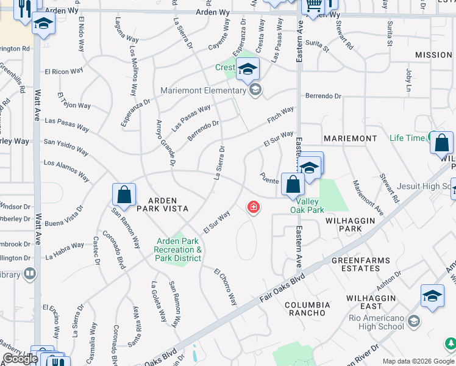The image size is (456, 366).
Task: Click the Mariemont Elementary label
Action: point(203,91)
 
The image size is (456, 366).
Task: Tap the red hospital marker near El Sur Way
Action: point(252,209)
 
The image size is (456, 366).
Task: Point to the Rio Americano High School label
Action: point(376,322)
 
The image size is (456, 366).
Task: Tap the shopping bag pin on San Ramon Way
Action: point(124,195)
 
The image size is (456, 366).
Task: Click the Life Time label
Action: point(407,138)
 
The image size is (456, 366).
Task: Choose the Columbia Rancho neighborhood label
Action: point(307,309)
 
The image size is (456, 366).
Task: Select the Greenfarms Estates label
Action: point(360,264)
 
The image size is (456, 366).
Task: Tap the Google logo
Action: point(20,359)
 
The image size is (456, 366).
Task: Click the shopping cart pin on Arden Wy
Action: point(313,6)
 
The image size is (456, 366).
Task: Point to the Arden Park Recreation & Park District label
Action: point(177,250)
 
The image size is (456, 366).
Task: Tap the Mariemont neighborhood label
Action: point(350,138)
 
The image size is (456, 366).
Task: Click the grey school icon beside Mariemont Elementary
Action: point(255,91)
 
